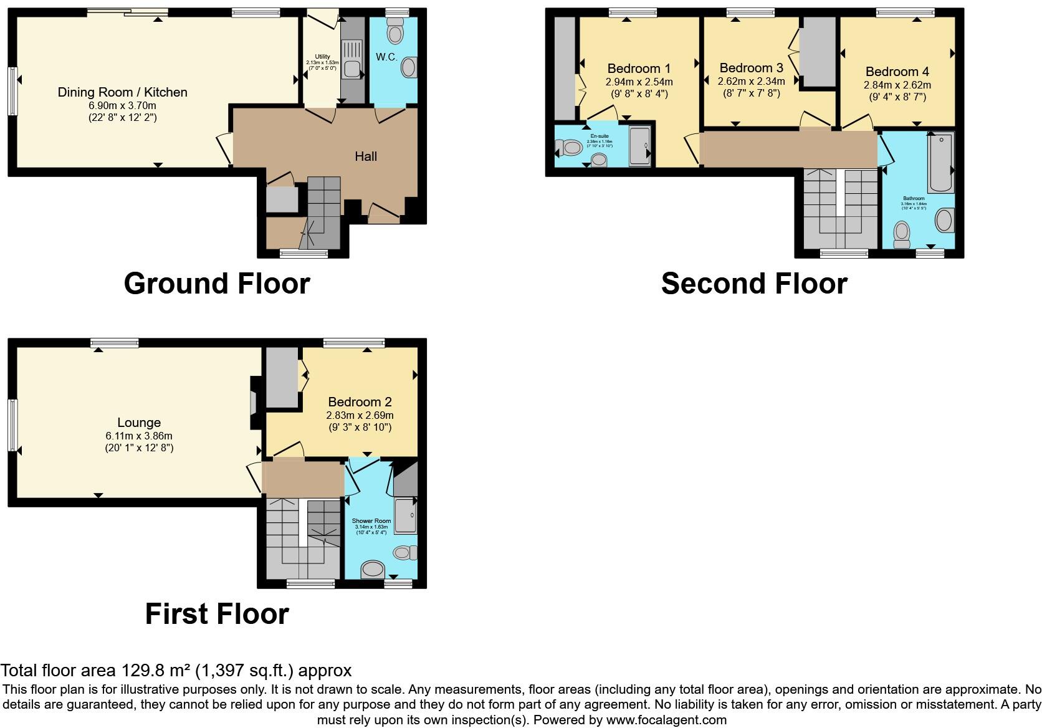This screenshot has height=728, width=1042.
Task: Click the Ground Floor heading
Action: [217, 284]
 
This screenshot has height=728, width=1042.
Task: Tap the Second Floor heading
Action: [754, 284]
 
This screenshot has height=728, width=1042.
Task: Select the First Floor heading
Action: [217, 614]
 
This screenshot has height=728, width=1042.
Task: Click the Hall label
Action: [366, 156]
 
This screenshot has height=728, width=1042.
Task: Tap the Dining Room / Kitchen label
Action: [122, 92]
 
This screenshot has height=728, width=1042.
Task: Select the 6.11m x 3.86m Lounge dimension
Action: [139, 436]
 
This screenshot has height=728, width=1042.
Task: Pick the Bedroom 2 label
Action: [360, 402]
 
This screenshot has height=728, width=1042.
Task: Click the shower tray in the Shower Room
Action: [406, 516]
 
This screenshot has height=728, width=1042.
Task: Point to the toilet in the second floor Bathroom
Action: [902, 234]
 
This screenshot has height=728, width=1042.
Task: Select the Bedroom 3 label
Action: [751, 68]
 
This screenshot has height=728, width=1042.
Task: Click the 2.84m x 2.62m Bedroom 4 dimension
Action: [897, 85]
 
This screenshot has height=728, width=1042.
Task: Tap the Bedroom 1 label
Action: [639, 69]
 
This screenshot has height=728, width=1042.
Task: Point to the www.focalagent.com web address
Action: [666, 721]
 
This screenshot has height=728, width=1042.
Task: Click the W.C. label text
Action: [386, 57]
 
